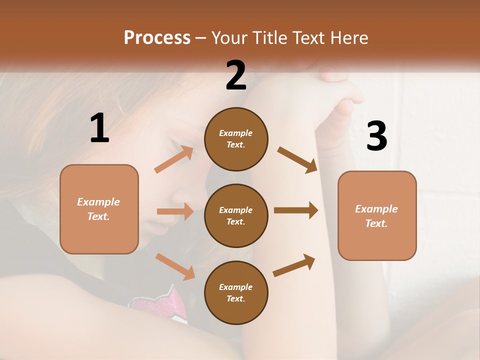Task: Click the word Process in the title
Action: [157, 38]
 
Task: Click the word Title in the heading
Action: [270, 38]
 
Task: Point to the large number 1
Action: [99, 128]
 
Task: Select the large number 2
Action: [236, 75]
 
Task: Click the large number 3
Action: [376, 136]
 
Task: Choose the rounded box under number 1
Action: [99, 209]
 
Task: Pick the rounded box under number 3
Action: [377, 215]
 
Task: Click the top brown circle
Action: [236, 139]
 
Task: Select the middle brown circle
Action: [236, 215]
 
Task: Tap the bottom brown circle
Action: [236, 292]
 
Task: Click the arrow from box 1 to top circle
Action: [173, 159]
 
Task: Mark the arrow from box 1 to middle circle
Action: [175, 211]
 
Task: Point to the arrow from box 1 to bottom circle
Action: [175, 266]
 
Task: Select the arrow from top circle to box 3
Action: [297, 159]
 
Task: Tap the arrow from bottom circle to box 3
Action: [294, 265]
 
